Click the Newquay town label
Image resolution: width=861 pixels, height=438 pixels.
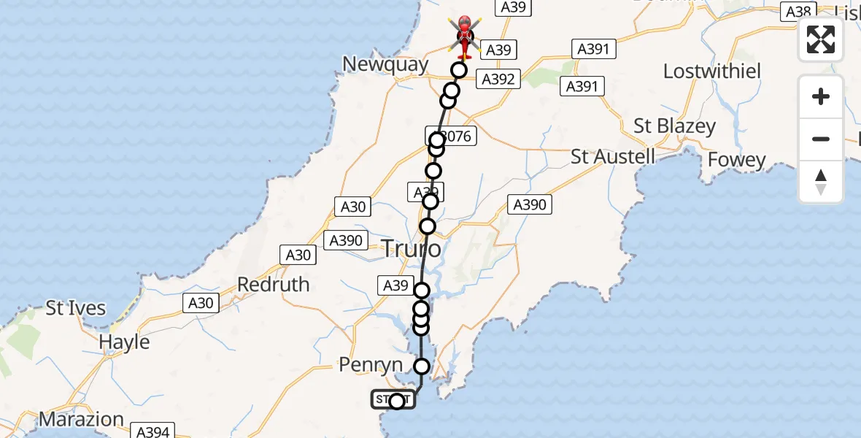pyautogui.click(x=386, y=64)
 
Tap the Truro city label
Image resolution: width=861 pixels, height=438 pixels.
pyautogui.click(x=412, y=250)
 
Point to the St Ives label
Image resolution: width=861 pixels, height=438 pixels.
pyautogui.click(x=76, y=308)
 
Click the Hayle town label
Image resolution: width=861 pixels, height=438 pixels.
pyautogui.click(x=124, y=342)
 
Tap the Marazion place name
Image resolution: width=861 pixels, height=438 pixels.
pyautogui.click(x=81, y=420)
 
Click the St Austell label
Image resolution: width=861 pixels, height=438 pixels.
pyautogui.click(x=613, y=156)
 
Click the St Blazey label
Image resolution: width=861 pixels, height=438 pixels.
pyautogui.click(x=674, y=126)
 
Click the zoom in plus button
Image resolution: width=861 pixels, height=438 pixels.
pyautogui.click(x=821, y=96)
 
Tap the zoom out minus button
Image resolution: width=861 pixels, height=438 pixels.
pyautogui.click(x=821, y=139)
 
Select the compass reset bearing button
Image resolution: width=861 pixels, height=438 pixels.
pyautogui.click(x=821, y=181)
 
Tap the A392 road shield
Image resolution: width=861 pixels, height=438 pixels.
pyautogui.click(x=499, y=79)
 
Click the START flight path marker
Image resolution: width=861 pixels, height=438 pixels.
pyautogui.click(x=394, y=400)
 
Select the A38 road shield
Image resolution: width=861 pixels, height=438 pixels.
pyautogui.click(x=798, y=11)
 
